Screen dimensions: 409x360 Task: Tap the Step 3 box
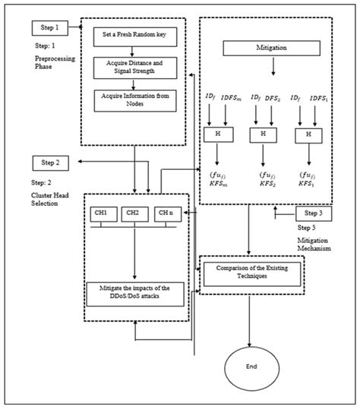click(313, 215)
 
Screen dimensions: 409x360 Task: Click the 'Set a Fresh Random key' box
click(133, 36)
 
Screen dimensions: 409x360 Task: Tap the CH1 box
click(102, 213)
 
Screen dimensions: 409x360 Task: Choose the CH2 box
click(133, 213)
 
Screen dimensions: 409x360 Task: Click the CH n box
click(166, 213)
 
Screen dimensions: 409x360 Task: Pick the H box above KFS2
click(264, 134)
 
